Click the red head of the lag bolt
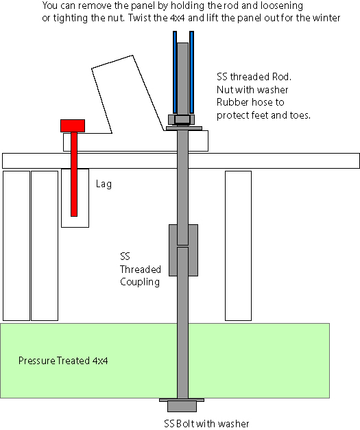(x=73, y=126)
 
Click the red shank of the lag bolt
(x=74, y=174)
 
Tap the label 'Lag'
(x=104, y=184)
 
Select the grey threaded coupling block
(x=183, y=250)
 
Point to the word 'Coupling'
(x=140, y=282)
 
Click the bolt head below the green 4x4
(x=182, y=407)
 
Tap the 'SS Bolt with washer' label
(x=206, y=424)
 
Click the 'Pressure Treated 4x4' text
(x=63, y=360)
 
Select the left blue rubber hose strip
(x=175, y=73)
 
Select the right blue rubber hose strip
(x=191, y=73)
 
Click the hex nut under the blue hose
(x=182, y=120)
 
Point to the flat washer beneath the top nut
(x=184, y=128)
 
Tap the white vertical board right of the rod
(x=238, y=246)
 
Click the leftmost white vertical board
(x=16, y=246)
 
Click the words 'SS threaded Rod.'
(x=254, y=77)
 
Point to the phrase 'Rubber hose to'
(x=250, y=102)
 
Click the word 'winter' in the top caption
(x=326, y=18)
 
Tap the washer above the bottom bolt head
(x=182, y=400)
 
